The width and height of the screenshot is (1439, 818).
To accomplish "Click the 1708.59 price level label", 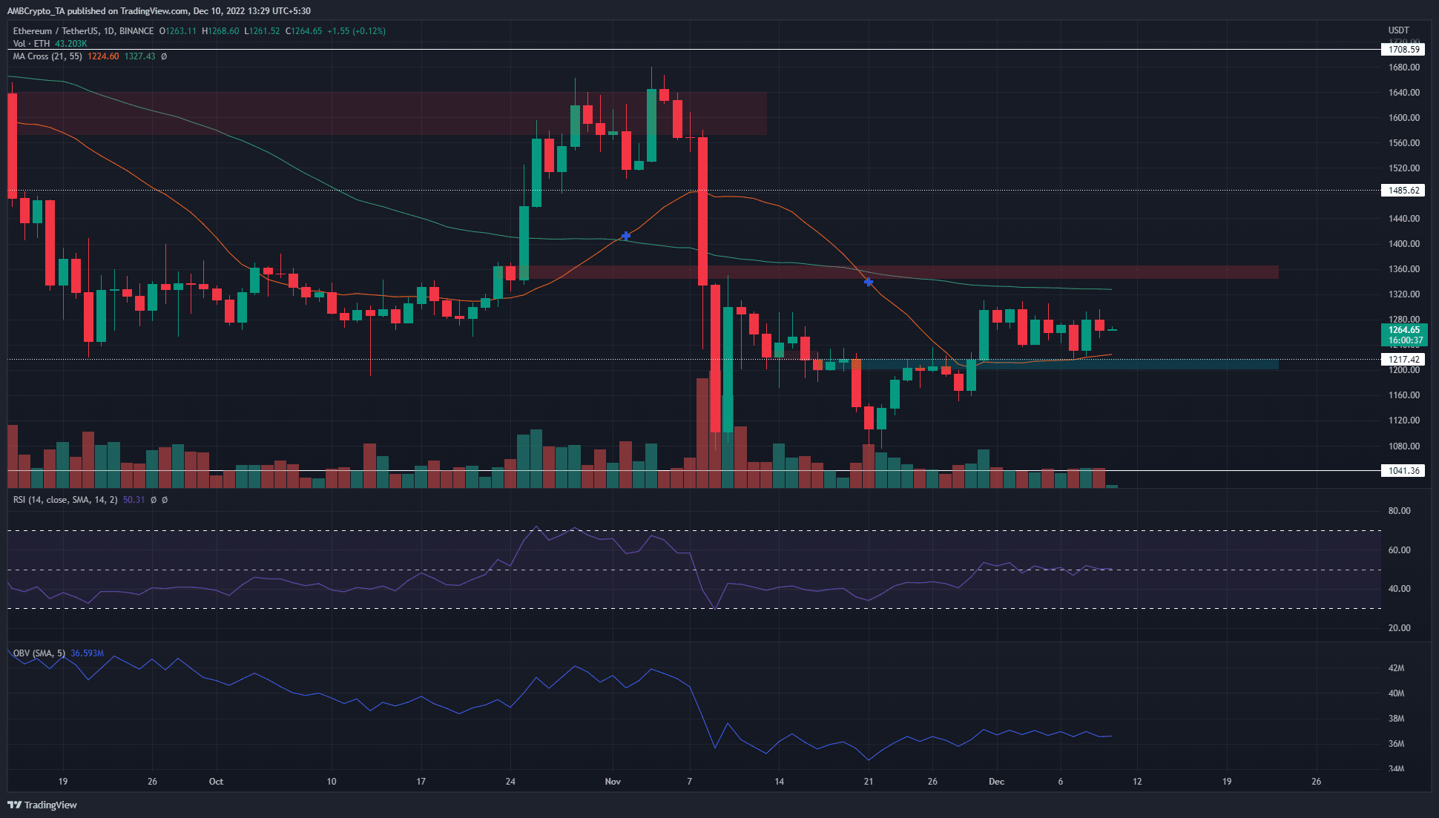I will [1403, 50].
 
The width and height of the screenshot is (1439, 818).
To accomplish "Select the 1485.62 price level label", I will [1403, 191].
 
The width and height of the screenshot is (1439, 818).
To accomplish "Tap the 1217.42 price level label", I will [1403, 360].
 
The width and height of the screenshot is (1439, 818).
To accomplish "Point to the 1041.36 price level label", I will [1403, 471].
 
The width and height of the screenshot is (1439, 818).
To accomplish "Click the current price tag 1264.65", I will [1403, 330].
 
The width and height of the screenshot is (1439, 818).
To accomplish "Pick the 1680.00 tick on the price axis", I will [1403, 67].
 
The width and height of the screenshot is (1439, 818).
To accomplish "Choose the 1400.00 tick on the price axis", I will [1403, 244].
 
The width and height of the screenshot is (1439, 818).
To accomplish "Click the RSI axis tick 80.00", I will [1399, 511].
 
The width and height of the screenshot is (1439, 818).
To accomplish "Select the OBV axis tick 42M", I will [1396, 668].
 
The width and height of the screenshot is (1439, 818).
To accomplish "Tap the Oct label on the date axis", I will [216, 782].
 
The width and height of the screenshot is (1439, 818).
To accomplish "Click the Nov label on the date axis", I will [613, 782].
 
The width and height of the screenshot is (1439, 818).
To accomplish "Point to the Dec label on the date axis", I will [996, 782].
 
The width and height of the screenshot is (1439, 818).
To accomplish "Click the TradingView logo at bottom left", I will [42, 805].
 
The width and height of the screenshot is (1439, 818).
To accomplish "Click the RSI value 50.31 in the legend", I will [134, 500].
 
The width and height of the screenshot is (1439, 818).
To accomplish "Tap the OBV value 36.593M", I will [88, 653].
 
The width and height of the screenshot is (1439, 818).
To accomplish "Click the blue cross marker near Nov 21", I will [869, 282].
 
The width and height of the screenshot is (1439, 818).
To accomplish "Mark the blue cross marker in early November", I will [626, 236].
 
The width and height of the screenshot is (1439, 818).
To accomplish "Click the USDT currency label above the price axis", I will [1398, 30].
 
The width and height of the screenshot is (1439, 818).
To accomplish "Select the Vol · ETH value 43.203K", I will [71, 44].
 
